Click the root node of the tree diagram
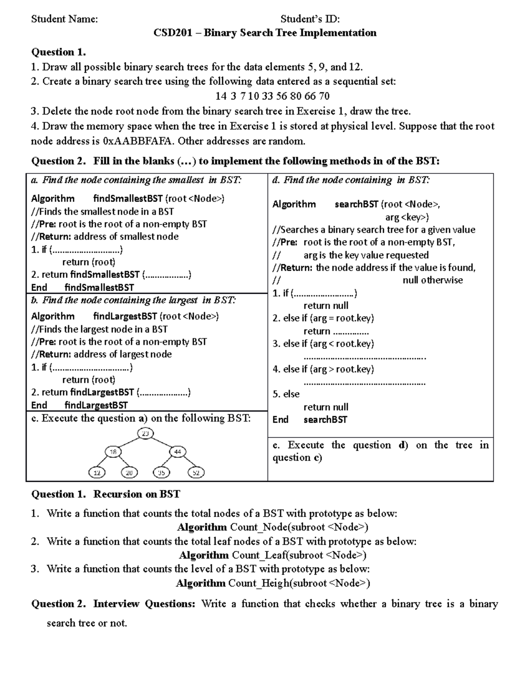point(145,434)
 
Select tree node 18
point(113,452)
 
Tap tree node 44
point(178,452)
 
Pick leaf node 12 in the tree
point(97,473)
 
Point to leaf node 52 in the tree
point(196,473)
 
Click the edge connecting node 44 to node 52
point(187,462)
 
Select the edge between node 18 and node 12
point(105,462)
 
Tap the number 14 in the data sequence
point(220,96)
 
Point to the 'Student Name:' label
point(64,19)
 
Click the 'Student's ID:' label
point(310,19)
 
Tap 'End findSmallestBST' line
point(83,288)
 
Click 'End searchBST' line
point(310,419)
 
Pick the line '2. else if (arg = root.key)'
point(323,318)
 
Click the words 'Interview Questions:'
point(144,603)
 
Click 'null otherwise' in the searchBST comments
point(432,280)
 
